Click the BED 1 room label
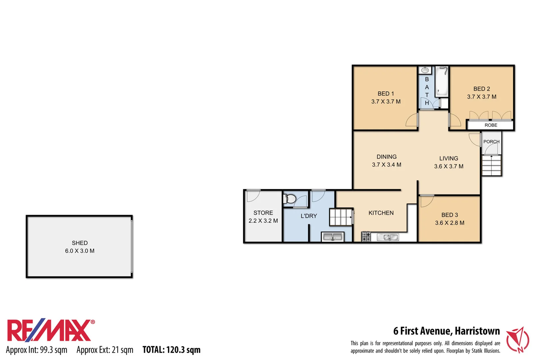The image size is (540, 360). click(386, 94)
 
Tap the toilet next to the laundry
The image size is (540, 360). click(290, 199)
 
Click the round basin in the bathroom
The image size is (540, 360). click(425, 70)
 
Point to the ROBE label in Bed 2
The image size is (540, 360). click(491, 125)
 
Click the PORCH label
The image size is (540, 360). click(491, 142)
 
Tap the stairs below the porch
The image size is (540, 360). click(491, 166)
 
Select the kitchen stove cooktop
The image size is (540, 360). click(366, 237)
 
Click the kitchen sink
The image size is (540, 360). click(388, 237)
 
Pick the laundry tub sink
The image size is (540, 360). click(332, 237)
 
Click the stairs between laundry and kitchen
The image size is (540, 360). click(341, 217)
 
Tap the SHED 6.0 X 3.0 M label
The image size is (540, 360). click(80, 247)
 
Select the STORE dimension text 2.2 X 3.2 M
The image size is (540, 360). click(263, 221)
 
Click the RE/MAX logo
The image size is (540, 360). click(50, 331)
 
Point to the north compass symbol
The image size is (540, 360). click(518, 340)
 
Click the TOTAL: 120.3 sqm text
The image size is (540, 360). click(171, 350)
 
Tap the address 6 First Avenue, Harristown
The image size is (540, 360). click(446, 331)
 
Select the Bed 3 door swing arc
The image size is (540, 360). click(426, 201)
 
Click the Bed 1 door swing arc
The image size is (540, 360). click(412, 120)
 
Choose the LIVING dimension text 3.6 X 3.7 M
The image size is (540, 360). click(448, 166)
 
